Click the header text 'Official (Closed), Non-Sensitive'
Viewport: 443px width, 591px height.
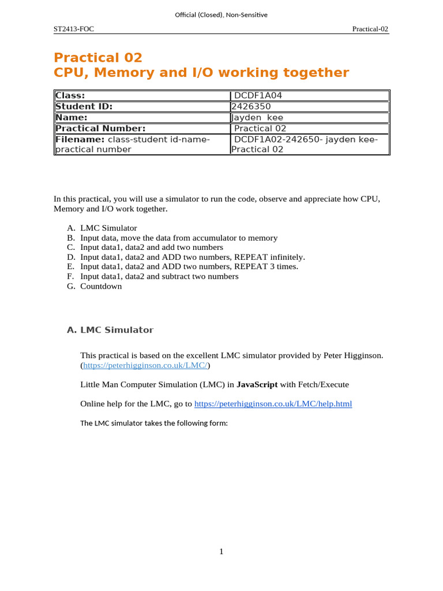tap(221, 14)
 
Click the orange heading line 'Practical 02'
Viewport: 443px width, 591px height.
tap(97, 58)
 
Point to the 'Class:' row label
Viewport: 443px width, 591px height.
tap(70, 96)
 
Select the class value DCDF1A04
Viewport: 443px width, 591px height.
tap(258, 96)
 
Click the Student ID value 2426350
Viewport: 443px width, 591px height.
tap(251, 107)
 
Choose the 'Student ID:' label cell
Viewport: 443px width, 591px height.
tap(84, 107)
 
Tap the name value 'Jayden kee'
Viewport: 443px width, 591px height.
tap(257, 118)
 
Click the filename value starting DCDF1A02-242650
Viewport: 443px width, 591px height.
tap(305, 140)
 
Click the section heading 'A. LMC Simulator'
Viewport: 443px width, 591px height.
tap(110, 330)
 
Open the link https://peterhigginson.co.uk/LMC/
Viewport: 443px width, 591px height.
tap(145, 366)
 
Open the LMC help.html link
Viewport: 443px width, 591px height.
tap(273, 404)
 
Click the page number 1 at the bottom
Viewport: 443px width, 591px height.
tap(221, 552)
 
